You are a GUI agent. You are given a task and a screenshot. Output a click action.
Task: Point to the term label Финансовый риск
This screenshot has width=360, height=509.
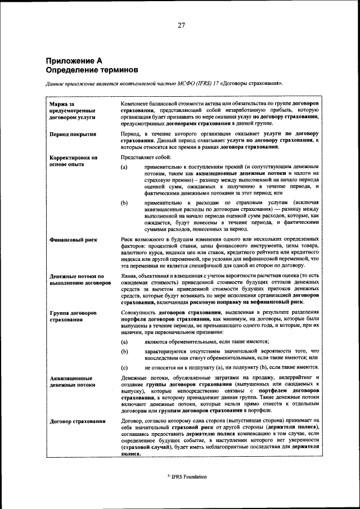click(73, 240)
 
